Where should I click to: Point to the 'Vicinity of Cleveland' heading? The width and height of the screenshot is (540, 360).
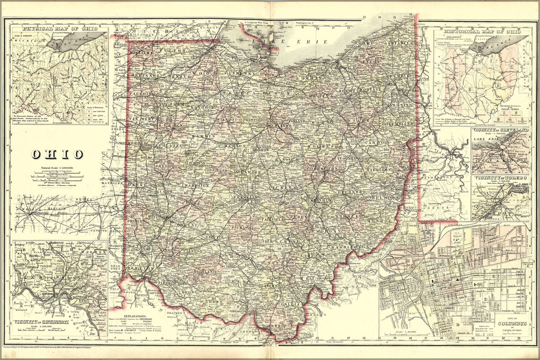tap(501, 130)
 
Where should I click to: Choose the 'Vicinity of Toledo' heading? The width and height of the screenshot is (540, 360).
tap(501, 178)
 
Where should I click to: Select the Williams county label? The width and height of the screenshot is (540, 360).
tap(142, 53)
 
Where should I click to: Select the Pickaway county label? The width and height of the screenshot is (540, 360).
tap(242, 228)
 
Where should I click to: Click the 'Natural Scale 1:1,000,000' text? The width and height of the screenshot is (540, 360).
tap(57, 168)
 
